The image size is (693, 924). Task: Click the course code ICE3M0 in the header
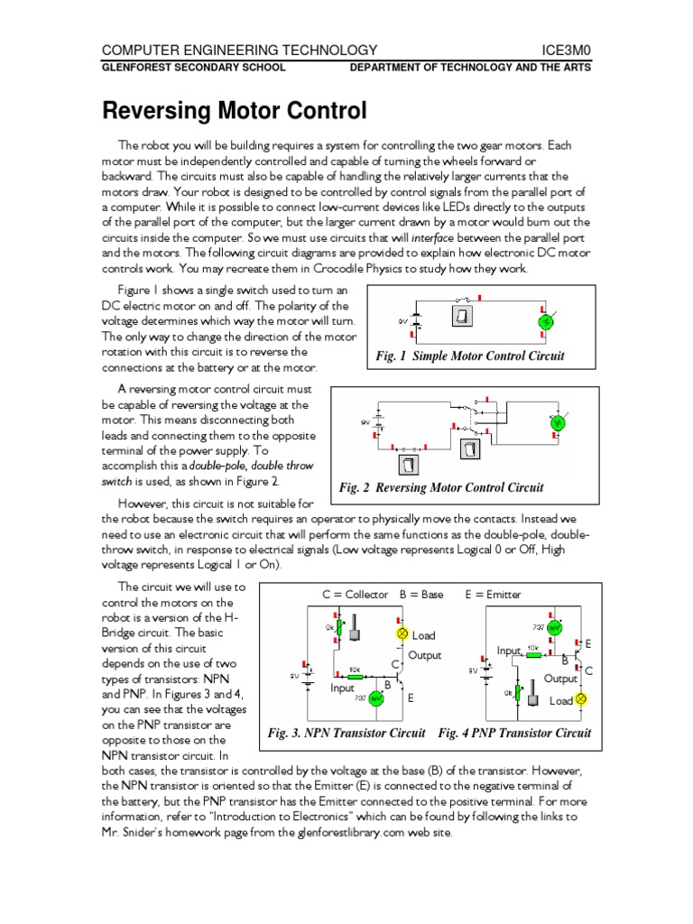(x=565, y=50)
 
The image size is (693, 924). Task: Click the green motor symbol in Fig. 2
(x=557, y=421)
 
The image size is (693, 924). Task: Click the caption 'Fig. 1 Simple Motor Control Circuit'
(x=470, y=356)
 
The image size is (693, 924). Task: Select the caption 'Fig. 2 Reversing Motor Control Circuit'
(x=441, y=488)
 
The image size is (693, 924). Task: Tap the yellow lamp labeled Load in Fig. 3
(x=402, y=634)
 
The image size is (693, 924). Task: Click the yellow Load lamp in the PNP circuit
(x=581, y=699)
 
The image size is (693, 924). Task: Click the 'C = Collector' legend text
(x=356, y=595)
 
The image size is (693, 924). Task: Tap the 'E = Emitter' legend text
(x=493, y=595)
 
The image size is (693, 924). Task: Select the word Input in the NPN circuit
(x=344, y=688)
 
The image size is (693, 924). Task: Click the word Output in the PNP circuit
(x=560, y=679)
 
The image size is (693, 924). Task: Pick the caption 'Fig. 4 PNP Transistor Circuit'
(x=514, y=733)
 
